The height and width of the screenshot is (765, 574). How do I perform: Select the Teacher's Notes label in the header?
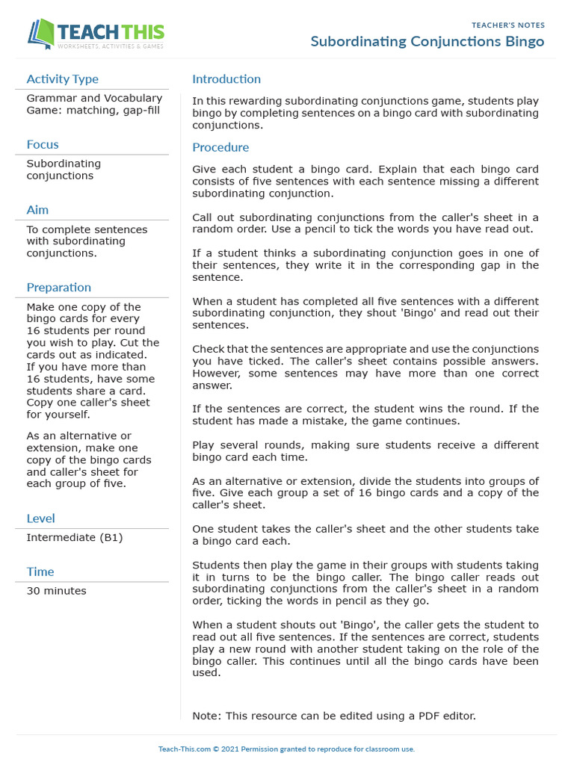coord(508,25)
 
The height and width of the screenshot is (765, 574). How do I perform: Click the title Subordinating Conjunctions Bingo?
coord(428,42)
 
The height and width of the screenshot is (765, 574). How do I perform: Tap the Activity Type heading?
coord(62,79)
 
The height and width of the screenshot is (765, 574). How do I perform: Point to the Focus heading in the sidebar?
coord(43,145)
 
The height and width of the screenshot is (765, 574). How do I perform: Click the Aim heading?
coord(37,211)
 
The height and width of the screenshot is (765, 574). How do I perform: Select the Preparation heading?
coord(59,288)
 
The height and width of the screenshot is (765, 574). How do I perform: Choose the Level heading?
coord(41,518)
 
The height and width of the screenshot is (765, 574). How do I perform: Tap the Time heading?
coord(40,572)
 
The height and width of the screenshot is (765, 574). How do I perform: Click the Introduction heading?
coord(226,79)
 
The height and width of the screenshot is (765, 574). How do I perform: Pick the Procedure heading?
coord(220,148)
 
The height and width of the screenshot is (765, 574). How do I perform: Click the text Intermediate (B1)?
coord(75,538)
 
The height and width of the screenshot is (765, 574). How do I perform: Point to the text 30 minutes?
coord(57,591)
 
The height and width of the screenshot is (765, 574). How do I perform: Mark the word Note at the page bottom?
coord(206,716)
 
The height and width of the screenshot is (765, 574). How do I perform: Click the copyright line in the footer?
coord(286,749)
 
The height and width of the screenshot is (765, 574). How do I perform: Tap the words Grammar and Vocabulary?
coord(94,99)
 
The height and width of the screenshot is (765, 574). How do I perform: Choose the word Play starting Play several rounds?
coord(203,445)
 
